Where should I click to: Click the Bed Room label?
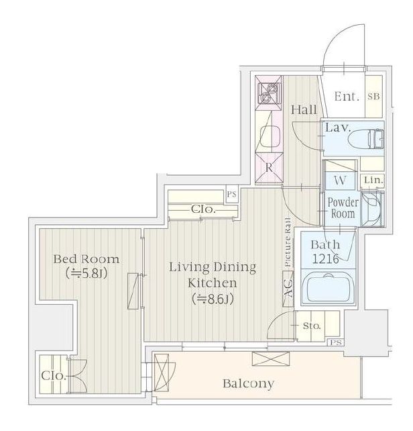tap(86, 259)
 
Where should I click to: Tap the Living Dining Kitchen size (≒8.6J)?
tap(213, 299)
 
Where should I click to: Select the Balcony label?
tap(248, 383)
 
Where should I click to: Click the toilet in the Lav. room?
tap(366, 139)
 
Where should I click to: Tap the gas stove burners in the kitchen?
tap(269, 93)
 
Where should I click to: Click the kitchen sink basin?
tap(270, 136)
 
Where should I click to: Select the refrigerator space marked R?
tap(269, 167)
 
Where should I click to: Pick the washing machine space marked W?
tap(340, 181)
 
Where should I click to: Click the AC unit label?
tap(288, 289)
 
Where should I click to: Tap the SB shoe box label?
tap(373, 97)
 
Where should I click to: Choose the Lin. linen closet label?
tap(373, 181)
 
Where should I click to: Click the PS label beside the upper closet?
tap(231, 194)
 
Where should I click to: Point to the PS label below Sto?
tap(336, 342)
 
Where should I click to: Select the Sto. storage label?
tap(312, 326)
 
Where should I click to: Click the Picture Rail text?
tap(288, 242)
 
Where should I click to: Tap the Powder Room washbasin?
tap(372, 208)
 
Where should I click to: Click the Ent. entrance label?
tap(347, 97)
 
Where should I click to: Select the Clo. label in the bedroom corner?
tap(54, 375)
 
